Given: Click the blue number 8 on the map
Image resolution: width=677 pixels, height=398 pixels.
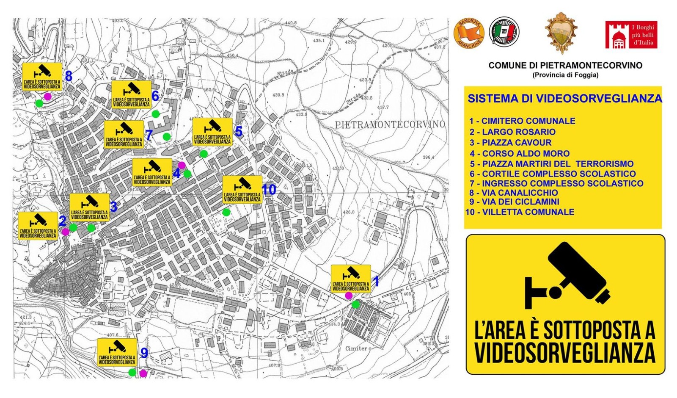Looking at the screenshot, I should [69, 77].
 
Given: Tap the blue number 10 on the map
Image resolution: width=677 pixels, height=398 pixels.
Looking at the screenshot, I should [269, 190].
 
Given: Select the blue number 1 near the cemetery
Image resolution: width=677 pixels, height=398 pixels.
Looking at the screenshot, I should [375, 280].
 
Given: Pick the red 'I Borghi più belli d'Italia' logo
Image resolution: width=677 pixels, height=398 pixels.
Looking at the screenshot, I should [631, 35].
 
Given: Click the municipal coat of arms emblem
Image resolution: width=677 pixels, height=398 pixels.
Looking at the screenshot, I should [561, 33].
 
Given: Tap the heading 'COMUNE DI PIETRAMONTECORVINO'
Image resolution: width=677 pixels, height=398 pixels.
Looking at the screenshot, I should [565, 65].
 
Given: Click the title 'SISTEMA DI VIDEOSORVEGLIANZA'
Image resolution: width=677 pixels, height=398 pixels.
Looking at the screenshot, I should [564, 99].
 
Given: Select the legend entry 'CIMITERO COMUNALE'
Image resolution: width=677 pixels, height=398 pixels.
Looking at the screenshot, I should [528, 121].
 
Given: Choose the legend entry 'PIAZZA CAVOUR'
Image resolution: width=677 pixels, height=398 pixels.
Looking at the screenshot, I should [516, 143].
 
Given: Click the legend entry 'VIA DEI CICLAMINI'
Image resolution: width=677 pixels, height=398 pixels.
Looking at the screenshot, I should [520, 202].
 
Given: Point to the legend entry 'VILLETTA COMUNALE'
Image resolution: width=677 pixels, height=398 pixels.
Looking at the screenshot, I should [528, 212].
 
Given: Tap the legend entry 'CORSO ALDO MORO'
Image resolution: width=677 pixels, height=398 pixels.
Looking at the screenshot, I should [526, 154].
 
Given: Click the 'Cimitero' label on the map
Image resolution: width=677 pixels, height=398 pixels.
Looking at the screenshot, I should [358, 349].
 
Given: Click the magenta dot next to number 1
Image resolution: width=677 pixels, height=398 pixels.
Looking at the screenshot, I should [349, 295].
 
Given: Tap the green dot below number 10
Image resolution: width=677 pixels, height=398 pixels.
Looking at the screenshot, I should [226, 212].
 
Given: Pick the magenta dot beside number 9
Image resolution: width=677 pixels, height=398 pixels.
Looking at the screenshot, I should [143, 373].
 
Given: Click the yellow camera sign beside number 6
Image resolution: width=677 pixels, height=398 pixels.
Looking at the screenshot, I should [132, 95].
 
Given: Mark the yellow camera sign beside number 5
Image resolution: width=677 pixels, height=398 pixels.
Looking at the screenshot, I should [212, 132].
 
